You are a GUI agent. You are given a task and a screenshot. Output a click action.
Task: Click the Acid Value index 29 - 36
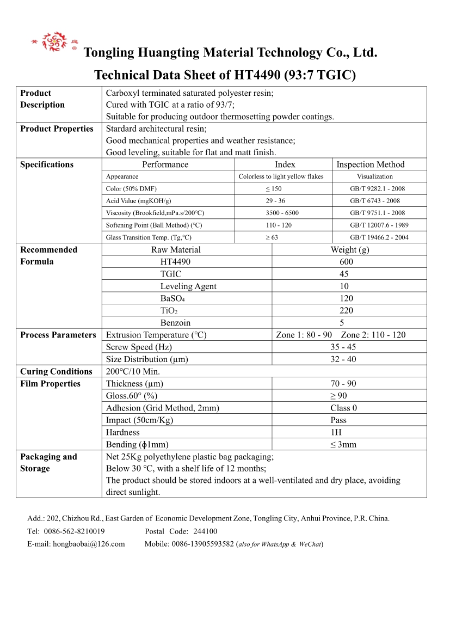coord(275,201)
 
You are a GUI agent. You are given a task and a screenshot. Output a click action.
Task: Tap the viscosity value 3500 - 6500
coord(282,213)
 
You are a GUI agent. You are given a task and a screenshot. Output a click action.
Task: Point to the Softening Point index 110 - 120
coord(279,225)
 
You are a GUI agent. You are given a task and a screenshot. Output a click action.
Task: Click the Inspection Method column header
coord(371,164)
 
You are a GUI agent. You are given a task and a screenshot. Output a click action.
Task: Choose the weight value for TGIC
coord(344,274)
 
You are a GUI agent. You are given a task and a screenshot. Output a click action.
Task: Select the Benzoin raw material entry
coord(175,323)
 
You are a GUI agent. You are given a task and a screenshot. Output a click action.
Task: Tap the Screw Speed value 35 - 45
coord(343,347)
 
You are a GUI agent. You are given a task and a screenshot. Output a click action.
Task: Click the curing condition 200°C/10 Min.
coord(133,371)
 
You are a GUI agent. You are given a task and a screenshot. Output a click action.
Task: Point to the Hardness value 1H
coord(343,432)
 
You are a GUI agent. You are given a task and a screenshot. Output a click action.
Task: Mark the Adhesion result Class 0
coord(343,408)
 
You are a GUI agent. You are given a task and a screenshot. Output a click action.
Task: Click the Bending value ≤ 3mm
coord(343,444)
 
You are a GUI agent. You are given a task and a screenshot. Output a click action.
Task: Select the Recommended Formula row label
coord(48,255)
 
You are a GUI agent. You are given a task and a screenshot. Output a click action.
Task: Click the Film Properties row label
coord(50,384)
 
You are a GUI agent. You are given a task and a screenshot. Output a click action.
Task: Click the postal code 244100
coord(205,531)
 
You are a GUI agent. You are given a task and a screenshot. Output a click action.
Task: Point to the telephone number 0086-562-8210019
coord(73,531)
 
